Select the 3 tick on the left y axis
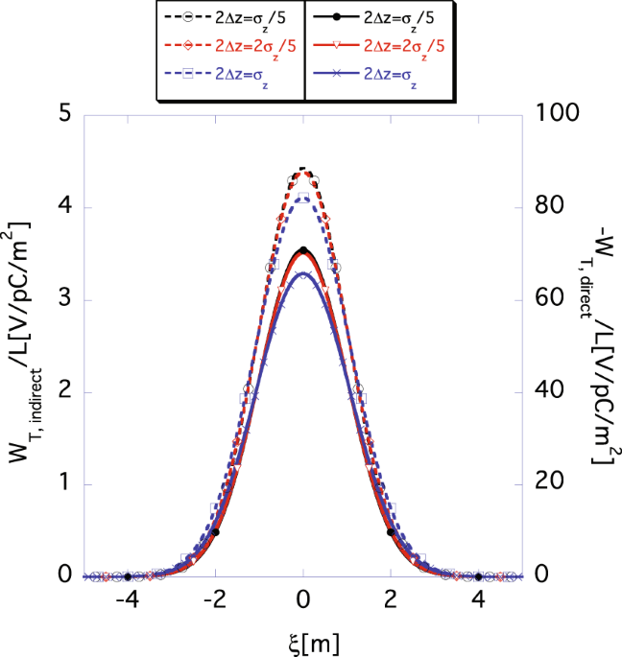[62, 299]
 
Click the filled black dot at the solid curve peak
[303, 250]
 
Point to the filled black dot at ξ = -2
[216, 532]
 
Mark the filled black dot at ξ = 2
[391, 532]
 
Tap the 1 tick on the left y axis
[62, 483]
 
